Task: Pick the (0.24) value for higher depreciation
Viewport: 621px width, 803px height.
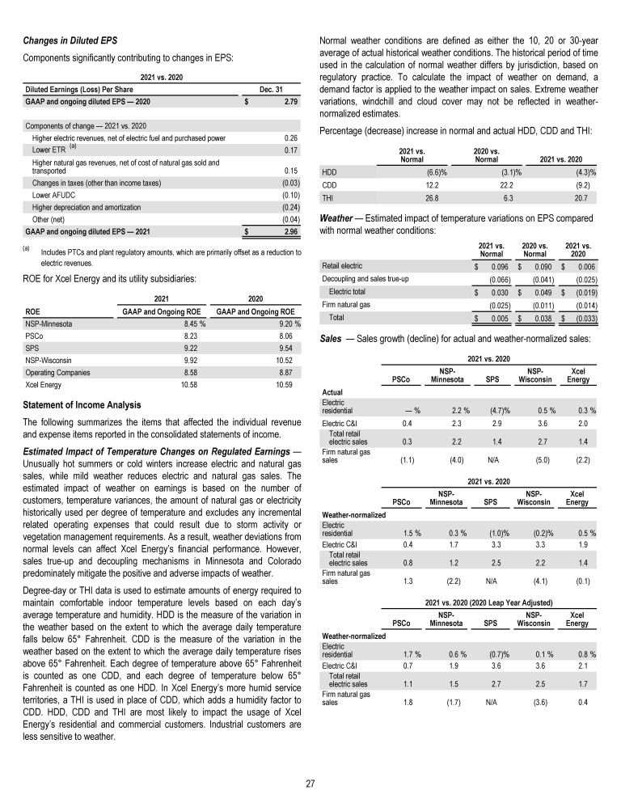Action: (290, 207)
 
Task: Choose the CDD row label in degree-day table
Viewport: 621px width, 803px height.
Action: (330, 184)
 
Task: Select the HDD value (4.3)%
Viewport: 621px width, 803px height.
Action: (581, 172)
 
